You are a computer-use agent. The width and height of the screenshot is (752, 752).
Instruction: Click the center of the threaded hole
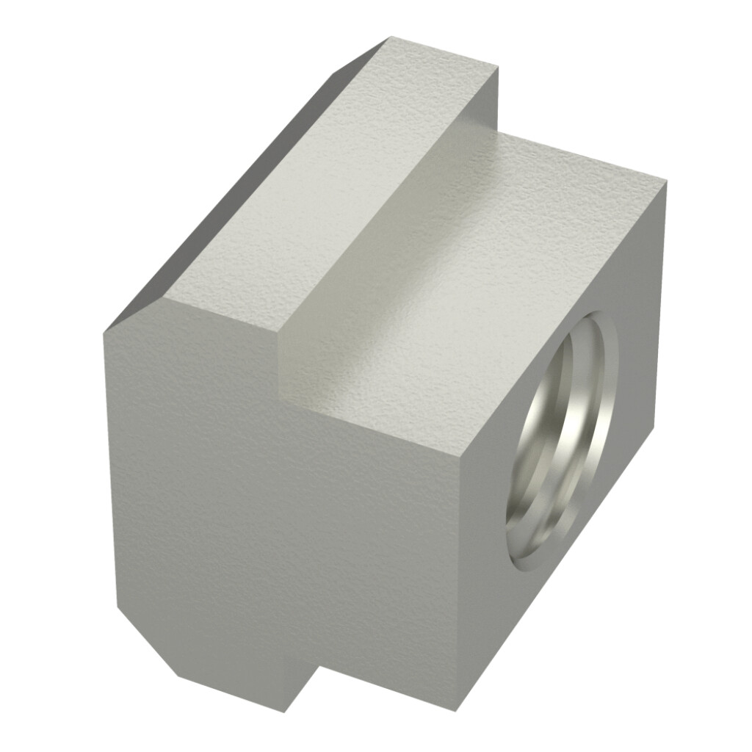tap(563, 441)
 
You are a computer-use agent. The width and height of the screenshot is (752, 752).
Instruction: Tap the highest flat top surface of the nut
tap(330, 184)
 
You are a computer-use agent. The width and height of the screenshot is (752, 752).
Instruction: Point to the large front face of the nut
tap(294, 529)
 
